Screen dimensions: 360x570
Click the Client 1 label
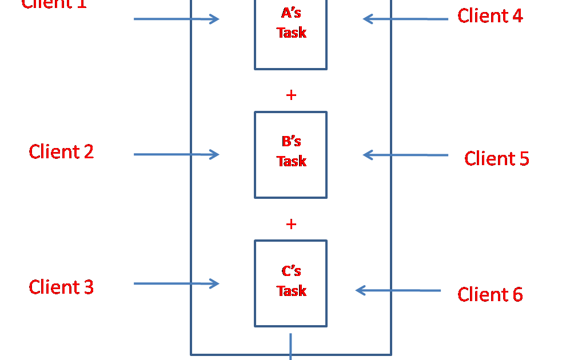(x=54, y=4)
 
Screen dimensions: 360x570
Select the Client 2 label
(x=61, y=151)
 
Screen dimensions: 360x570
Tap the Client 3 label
(x=61, y=287)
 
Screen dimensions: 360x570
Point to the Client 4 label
(x=490, y=16)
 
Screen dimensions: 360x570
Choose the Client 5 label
(x=496, y=158)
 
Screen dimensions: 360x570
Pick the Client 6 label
(x=490, y=294)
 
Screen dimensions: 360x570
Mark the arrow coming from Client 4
(x=405, y=19)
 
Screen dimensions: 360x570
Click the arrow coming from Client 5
(x=405, y=155)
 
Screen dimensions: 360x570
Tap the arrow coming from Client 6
(x=398, y=290)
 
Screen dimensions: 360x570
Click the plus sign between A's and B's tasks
(x=291, y=95)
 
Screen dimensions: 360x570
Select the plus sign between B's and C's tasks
(x=291, y=224)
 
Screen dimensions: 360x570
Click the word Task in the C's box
(x=292, y=291)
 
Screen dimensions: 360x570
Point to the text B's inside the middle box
(x=291, y=141)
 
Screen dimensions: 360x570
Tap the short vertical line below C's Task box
(x=290, y=346)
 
